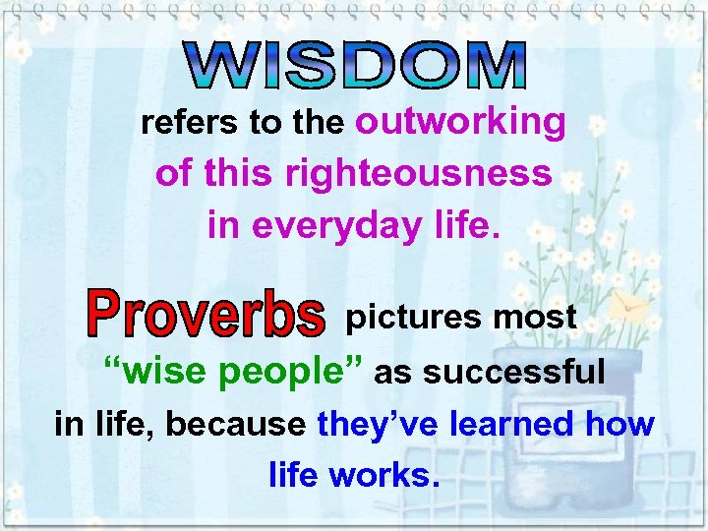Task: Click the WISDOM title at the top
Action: [357, 67]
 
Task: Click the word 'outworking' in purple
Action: [460, 122]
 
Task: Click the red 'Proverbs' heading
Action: [206, 314]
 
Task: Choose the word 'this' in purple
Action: [239, 173]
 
